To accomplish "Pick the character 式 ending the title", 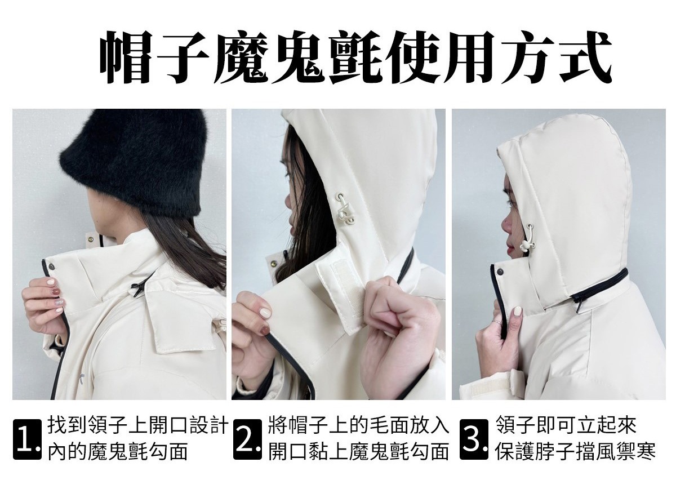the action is click(x=584, y=57).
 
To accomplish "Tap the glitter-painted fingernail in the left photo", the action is click(x=60, y=302).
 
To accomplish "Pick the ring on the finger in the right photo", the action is click(x=498, y=322).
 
